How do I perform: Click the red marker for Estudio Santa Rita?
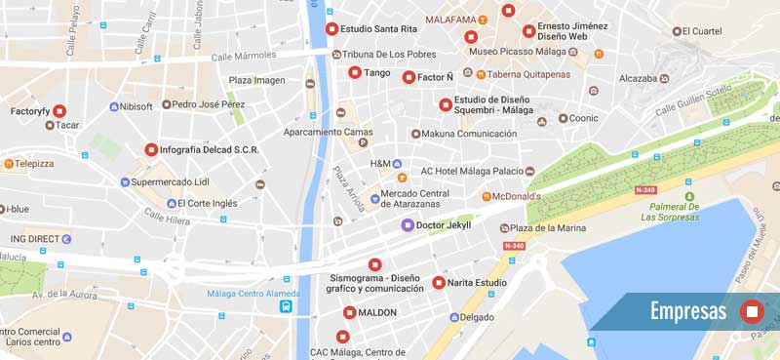point(331,29)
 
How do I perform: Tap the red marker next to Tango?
point(355,72)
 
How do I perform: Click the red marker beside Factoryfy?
point(59,111)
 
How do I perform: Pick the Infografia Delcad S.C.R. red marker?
point(151,149)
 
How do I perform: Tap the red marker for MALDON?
point(350,312)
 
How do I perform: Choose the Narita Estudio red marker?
point(438,283)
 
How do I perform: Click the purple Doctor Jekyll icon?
point(408,225)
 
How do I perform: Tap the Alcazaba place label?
point(639,78)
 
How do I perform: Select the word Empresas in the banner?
point(688,311)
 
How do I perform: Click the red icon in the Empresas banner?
point(751,311)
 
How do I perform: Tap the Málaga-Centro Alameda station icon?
point(287,306)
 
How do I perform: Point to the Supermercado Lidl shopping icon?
point(124,181)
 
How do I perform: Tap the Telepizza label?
point(34,164)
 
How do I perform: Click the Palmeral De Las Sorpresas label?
point(670,212)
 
